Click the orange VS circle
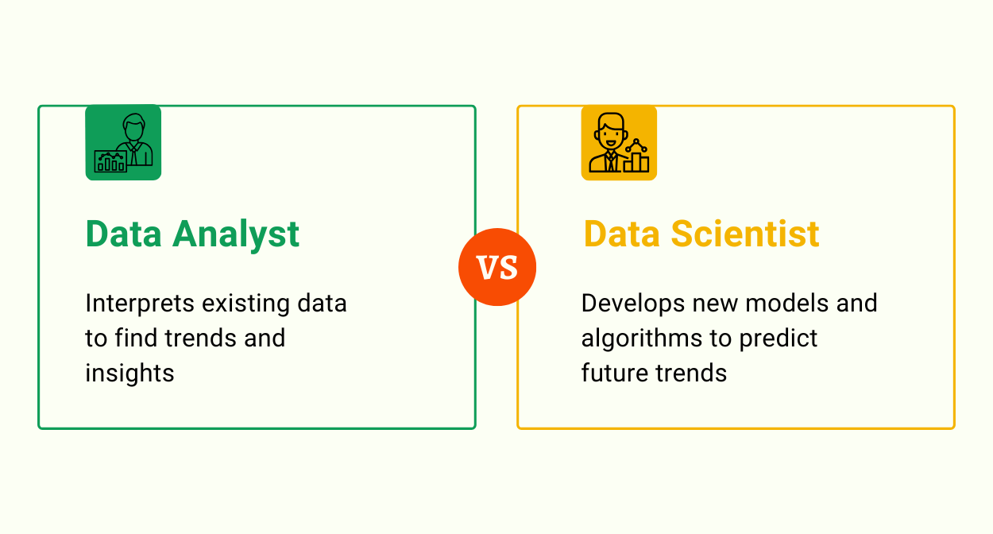[497, 268]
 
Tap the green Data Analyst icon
[123, 143]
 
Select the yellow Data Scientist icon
[619, 143]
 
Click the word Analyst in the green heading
[237, 234]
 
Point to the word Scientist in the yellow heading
[745, 234]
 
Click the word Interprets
[140, 304]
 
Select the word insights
[129, 373]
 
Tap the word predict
[779, 339]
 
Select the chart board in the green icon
[110, 161]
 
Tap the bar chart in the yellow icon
[636, 161]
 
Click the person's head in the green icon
[134, 127]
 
